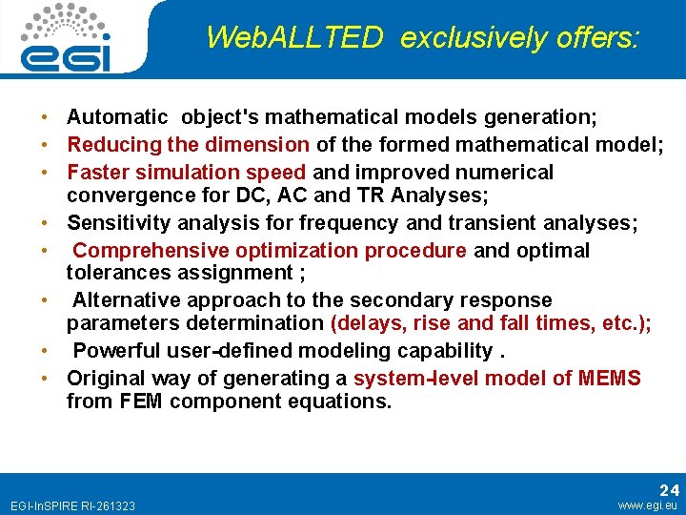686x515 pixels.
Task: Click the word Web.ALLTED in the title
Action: pyautogui.click(x=294, y=38)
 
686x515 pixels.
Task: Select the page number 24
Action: pyautogui.click(x=669, y=489)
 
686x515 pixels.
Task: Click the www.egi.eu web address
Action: pyautogui.click(x=649, y=505)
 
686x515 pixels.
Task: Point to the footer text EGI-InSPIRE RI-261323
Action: pyautogui.click(x=71, y=505)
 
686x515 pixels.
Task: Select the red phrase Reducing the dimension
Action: pyautogui.click(x=188, y=145)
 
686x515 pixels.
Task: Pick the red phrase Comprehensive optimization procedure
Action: pyautogui.click(x=270, y=251)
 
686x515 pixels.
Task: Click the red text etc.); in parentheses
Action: pyautogui.click(x=627, y=323)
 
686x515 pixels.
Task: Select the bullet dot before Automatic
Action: pyautogui.click(x=45, y=117)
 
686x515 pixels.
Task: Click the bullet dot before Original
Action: pyautogui.click(x=45, y=379)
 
